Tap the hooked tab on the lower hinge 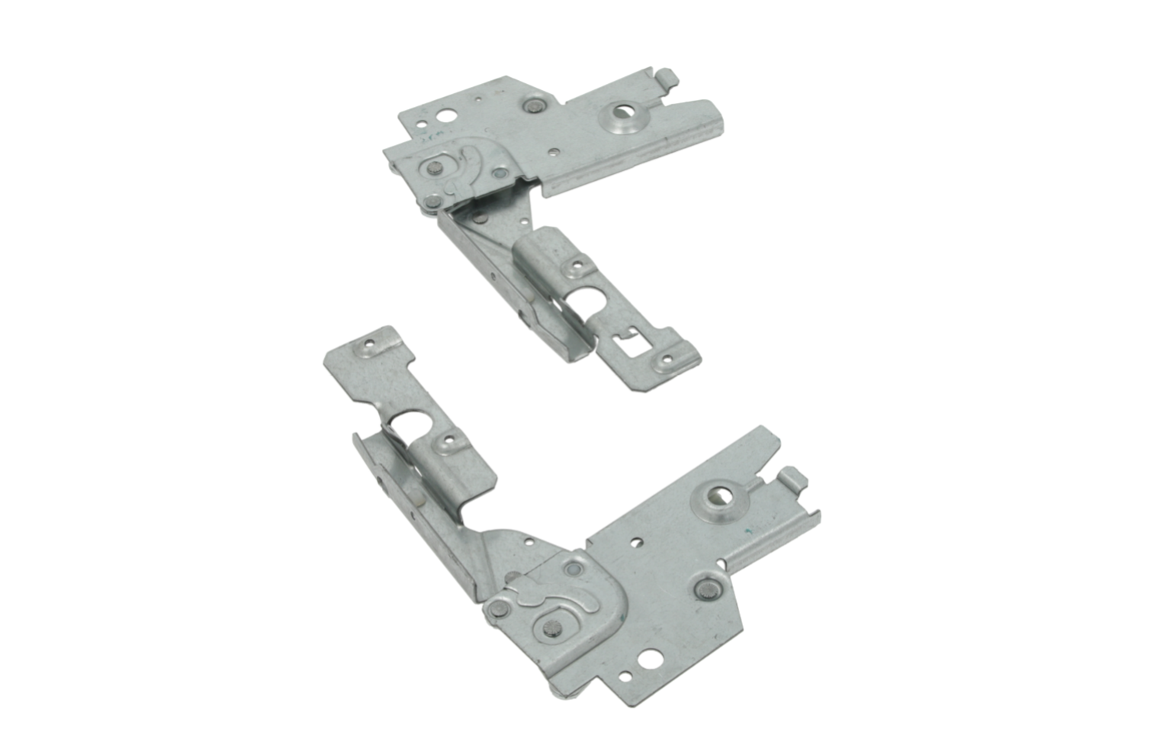(793, 479)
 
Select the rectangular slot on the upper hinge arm (634, 346)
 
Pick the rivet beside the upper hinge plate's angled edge (532, 105)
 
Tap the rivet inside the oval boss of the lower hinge (551, 627)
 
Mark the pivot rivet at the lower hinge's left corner (498, 608)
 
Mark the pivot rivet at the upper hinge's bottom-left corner (432, 202)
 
